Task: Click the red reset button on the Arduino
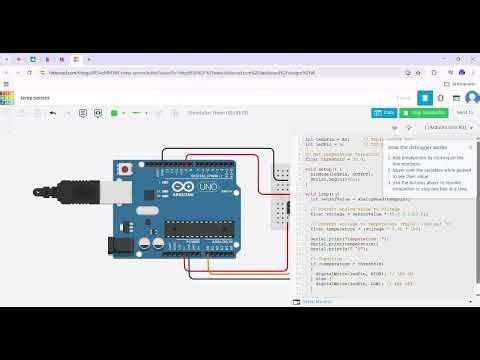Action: pos(123,172)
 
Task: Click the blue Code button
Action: pos(387,113)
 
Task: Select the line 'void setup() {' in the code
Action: pos(323,170)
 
